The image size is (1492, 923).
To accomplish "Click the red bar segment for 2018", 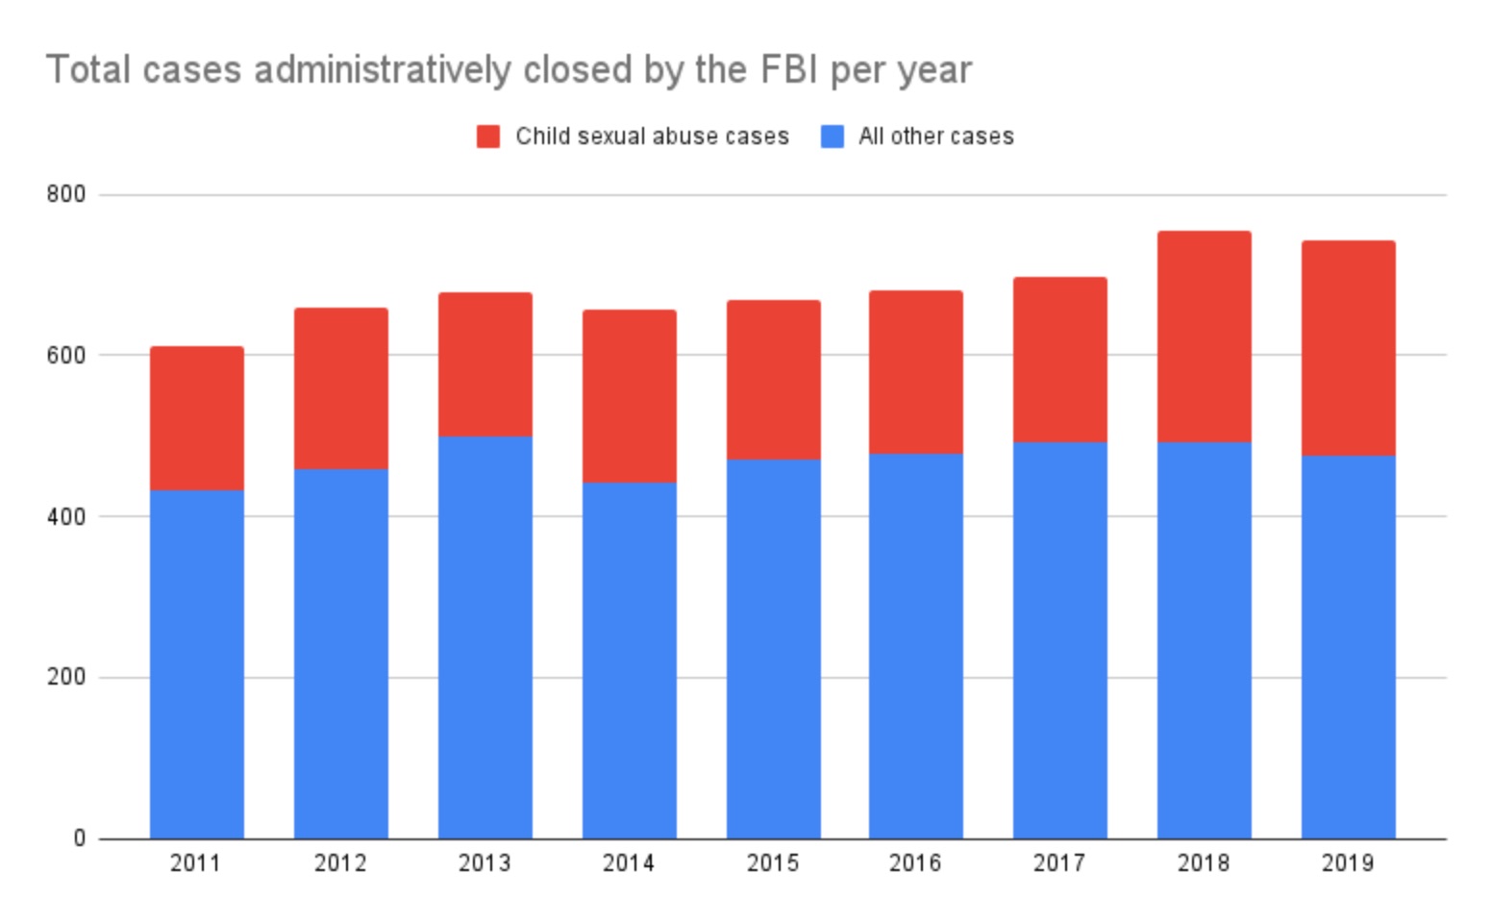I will click(x=1204, y=337).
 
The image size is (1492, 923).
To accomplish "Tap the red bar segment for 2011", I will click(x=196, y=418).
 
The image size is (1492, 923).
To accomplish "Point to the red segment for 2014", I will click(x=629, y=395).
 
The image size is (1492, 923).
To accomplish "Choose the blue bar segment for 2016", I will click(x=916, y=645).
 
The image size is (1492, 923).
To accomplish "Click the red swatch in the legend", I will click(x=488, y=137).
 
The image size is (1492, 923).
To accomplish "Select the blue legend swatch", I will click(x=832, y=137).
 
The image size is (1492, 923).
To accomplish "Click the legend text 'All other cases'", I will click(x=935, y=137).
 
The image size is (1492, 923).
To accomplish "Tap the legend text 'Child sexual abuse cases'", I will click(x=652, y=137).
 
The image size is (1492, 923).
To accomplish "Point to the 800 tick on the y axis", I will click(x=66, y=194).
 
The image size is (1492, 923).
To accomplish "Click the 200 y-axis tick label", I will click(x=66, y=677).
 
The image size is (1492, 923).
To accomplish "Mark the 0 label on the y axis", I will click(x=79, y=838).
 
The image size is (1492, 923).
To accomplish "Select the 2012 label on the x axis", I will click(x=340, y=863).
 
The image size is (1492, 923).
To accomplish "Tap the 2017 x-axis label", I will click(x=1059, y=863).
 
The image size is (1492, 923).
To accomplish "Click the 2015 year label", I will click(x=773, y=863).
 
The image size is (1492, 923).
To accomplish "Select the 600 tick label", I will click(x=66, y=355).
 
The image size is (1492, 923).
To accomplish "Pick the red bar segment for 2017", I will click(x=1059, y=360).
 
